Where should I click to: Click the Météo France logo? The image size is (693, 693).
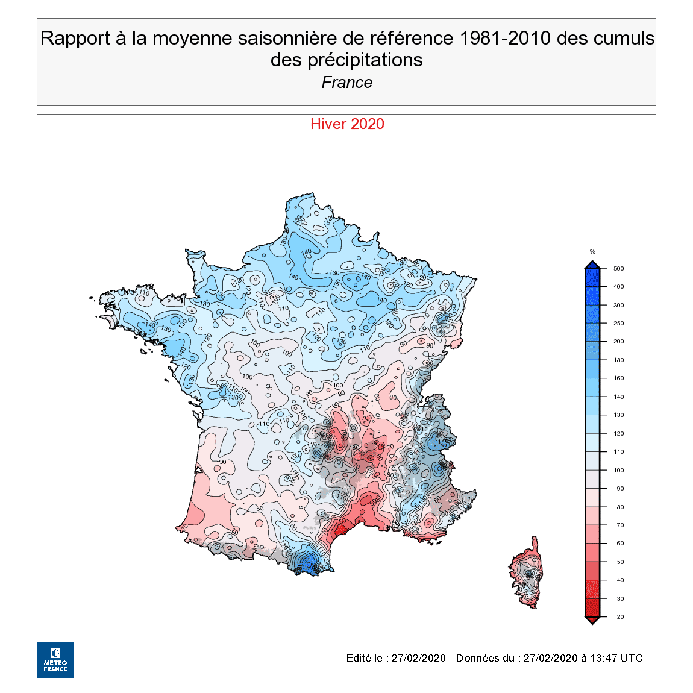pos(55,659)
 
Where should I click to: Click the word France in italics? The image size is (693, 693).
pos(346,83)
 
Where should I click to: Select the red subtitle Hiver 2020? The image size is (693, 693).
pos(347,124)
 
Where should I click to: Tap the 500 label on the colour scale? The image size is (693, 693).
pos(618,269)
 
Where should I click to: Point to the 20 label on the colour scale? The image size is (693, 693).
pos(620,617)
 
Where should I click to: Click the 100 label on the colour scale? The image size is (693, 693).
pos(618,471)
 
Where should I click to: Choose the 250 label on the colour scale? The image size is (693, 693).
pos(618,324)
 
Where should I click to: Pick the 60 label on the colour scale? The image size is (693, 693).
pos(620,544)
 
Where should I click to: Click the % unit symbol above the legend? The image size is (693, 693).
pos(592,252)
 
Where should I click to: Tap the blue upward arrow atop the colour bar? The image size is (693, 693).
pos(592,265)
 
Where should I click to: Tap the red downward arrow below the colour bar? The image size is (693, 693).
pos(592,621)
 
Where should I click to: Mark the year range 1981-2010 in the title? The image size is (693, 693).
pos(505,39)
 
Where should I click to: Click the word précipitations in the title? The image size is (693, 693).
pos(365,60)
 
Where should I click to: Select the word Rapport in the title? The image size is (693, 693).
pos(75,39)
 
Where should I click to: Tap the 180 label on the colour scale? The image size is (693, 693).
pos(618,360)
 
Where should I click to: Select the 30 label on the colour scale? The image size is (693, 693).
pos(620,599)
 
